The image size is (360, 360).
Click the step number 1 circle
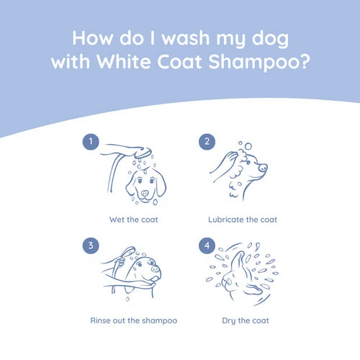(91, 142)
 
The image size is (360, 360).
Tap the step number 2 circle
(207, 142)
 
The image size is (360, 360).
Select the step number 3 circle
(91, 246)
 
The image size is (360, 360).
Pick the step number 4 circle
(207, 246)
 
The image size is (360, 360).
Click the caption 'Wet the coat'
(134, 220)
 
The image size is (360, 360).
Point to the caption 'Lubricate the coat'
(243, 220)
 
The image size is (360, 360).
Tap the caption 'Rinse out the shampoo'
(134, 320)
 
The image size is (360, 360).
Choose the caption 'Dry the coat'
(246, 321)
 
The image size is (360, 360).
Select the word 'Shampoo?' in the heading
(259, 63)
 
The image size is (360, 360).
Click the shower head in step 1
(143, 153)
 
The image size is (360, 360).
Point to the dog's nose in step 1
(145, 193)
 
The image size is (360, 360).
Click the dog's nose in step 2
(263, 168)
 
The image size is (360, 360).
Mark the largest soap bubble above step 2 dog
(248, 146)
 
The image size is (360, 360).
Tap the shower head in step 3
(129, 251)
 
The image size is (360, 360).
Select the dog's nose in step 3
(156, 269)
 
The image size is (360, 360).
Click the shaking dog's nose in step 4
(228, 282)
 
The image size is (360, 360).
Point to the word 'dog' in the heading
(270, 39)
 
